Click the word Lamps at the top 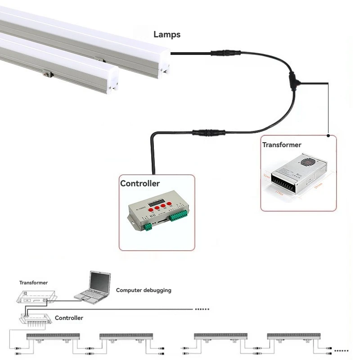(x=167, y=35)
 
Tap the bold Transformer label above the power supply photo (x=282, y=145)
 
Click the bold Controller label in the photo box (x=140, y=184)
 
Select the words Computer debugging (x=144, y=290)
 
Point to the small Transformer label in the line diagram (x=33, y=283)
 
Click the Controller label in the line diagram (x=69, y=318)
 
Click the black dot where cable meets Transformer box (x=328, y=135)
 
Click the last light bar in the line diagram (x=288, y=337)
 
